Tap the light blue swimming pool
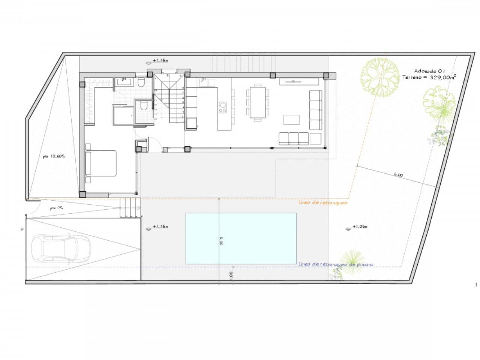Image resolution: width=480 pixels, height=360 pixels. (x=241, y=238)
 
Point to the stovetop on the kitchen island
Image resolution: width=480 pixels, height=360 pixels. (x=223, y=107)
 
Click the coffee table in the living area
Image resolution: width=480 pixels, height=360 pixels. (x=291, y=120)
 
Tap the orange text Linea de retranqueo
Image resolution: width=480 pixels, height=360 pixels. (x=322, y=202)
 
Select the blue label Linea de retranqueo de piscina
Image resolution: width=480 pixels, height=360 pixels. (x=336, y=264)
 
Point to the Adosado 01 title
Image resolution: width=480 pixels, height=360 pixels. (x=429, y=70)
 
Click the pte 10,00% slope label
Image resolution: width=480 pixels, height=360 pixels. (x=54, y=156)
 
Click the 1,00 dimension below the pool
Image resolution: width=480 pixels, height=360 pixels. (x=230, y=274)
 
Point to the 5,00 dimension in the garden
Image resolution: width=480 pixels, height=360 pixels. (x=398, y=174)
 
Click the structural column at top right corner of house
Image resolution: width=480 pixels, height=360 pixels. (x=326, y=75)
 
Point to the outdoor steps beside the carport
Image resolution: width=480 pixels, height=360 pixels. (x=130, y=208)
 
